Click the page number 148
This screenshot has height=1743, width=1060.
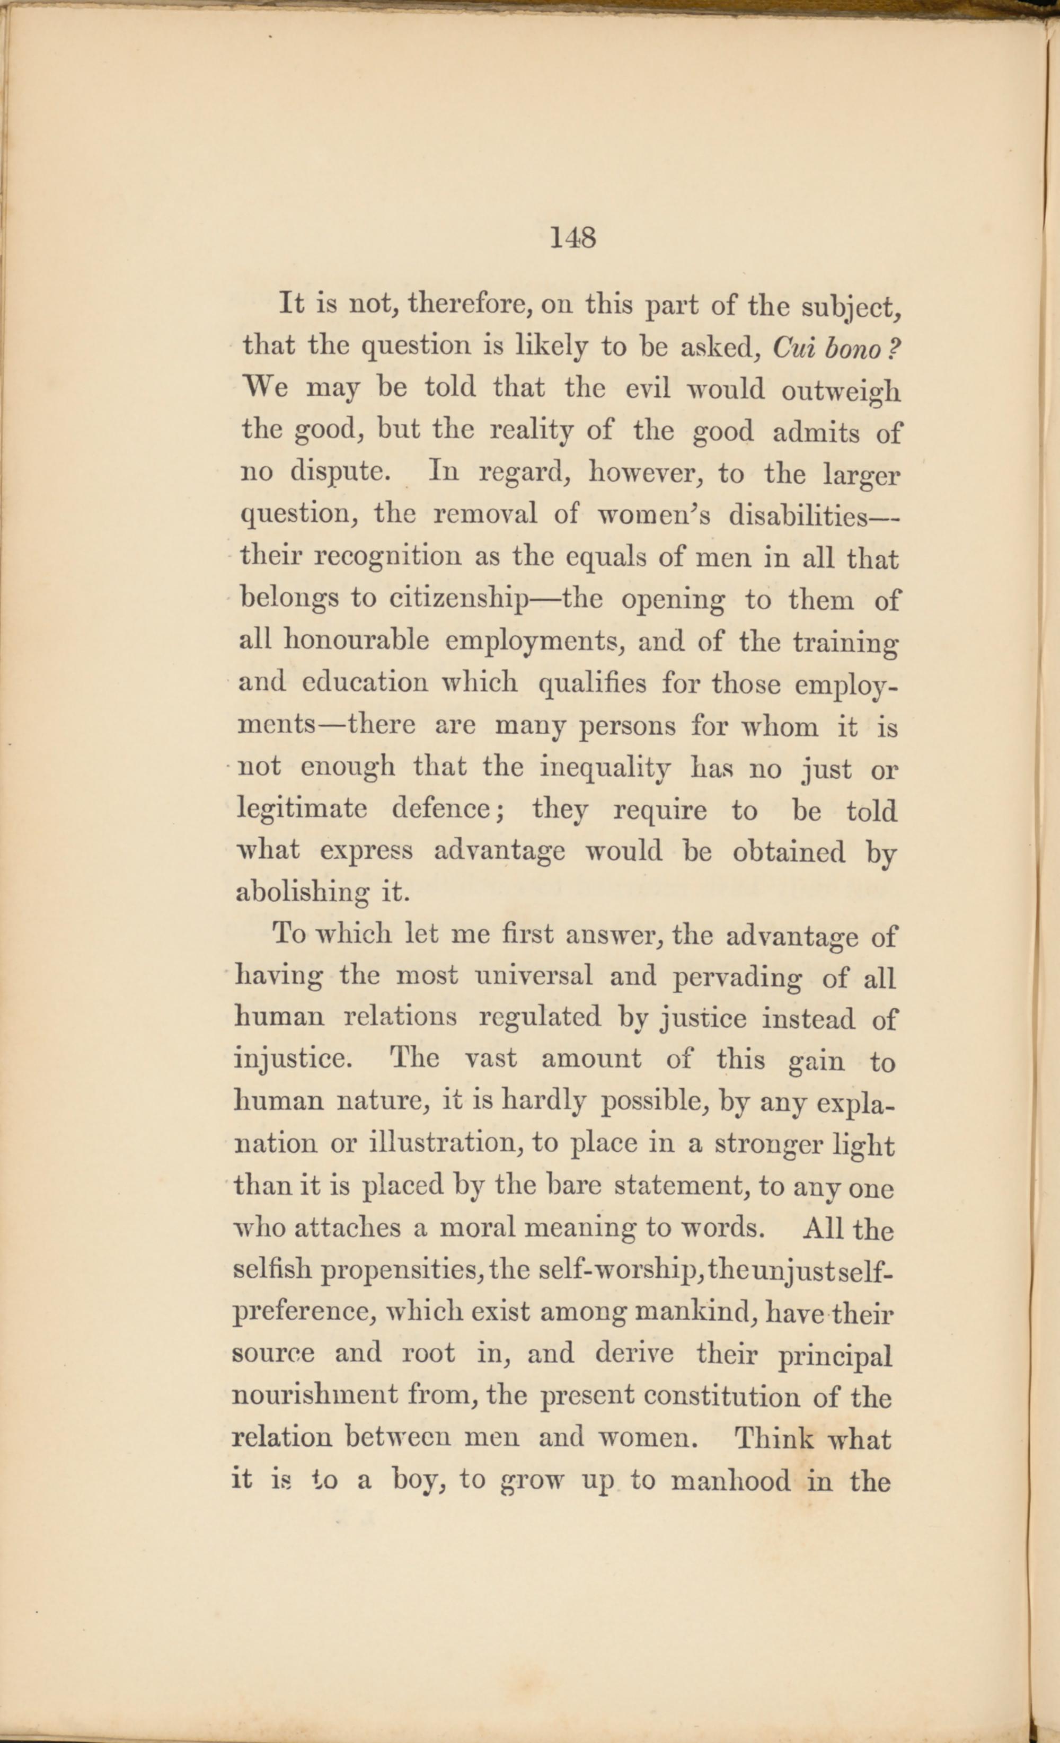coord(572,238)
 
